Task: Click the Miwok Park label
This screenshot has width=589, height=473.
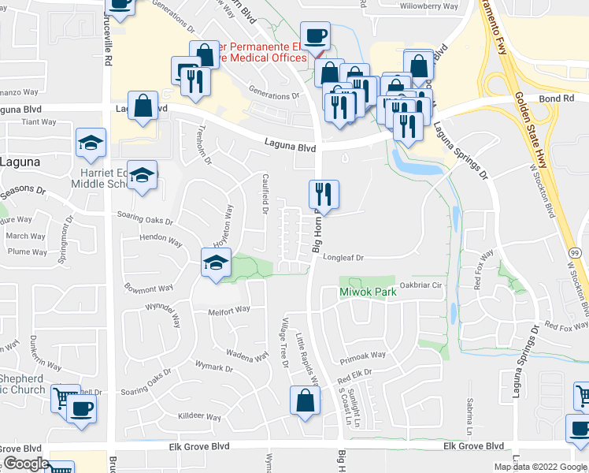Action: [368, 292]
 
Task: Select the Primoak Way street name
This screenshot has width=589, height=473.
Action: [363, 356]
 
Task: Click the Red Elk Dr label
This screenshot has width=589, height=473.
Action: [354, 376]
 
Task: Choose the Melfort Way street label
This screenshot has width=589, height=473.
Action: [228, 311]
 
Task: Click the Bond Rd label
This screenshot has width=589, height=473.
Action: [556, 99]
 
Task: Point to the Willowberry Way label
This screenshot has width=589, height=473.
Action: [429, 6]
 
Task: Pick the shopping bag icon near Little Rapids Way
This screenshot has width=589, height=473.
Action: [305, 400]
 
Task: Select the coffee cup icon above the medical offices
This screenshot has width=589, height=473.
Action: [315, 35]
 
